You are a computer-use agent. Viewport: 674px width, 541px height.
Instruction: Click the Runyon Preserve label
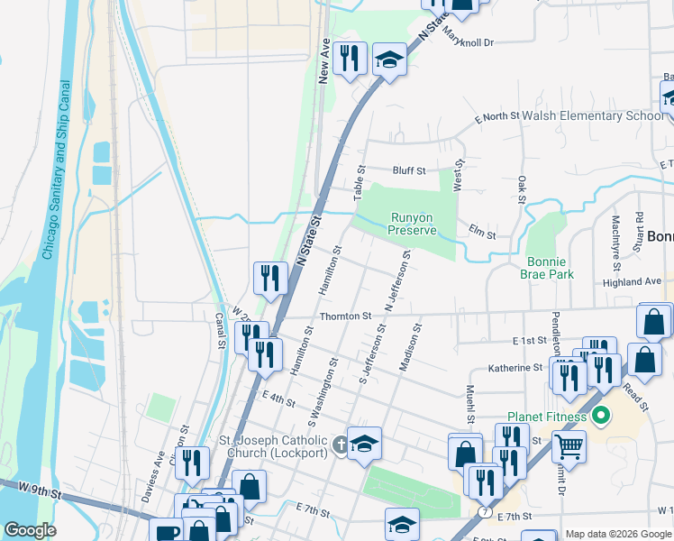tap(413, 224)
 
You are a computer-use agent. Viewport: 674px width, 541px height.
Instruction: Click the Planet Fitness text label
tap(547, 417)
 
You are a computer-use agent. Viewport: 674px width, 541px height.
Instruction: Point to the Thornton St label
tap(347, 316)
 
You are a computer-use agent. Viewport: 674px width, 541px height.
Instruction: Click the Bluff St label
tap(408, 170)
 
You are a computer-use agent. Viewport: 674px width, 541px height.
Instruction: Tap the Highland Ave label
tap(633, 281)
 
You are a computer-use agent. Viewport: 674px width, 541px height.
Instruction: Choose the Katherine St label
tap(515, 368)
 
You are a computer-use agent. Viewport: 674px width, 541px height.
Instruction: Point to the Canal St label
tap(220, 331)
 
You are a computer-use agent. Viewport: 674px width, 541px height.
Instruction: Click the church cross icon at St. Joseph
tap(341, 444)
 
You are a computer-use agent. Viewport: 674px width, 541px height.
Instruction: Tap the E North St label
tap(497, 117)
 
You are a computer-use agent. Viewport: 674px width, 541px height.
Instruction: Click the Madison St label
tap(410, 347)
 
